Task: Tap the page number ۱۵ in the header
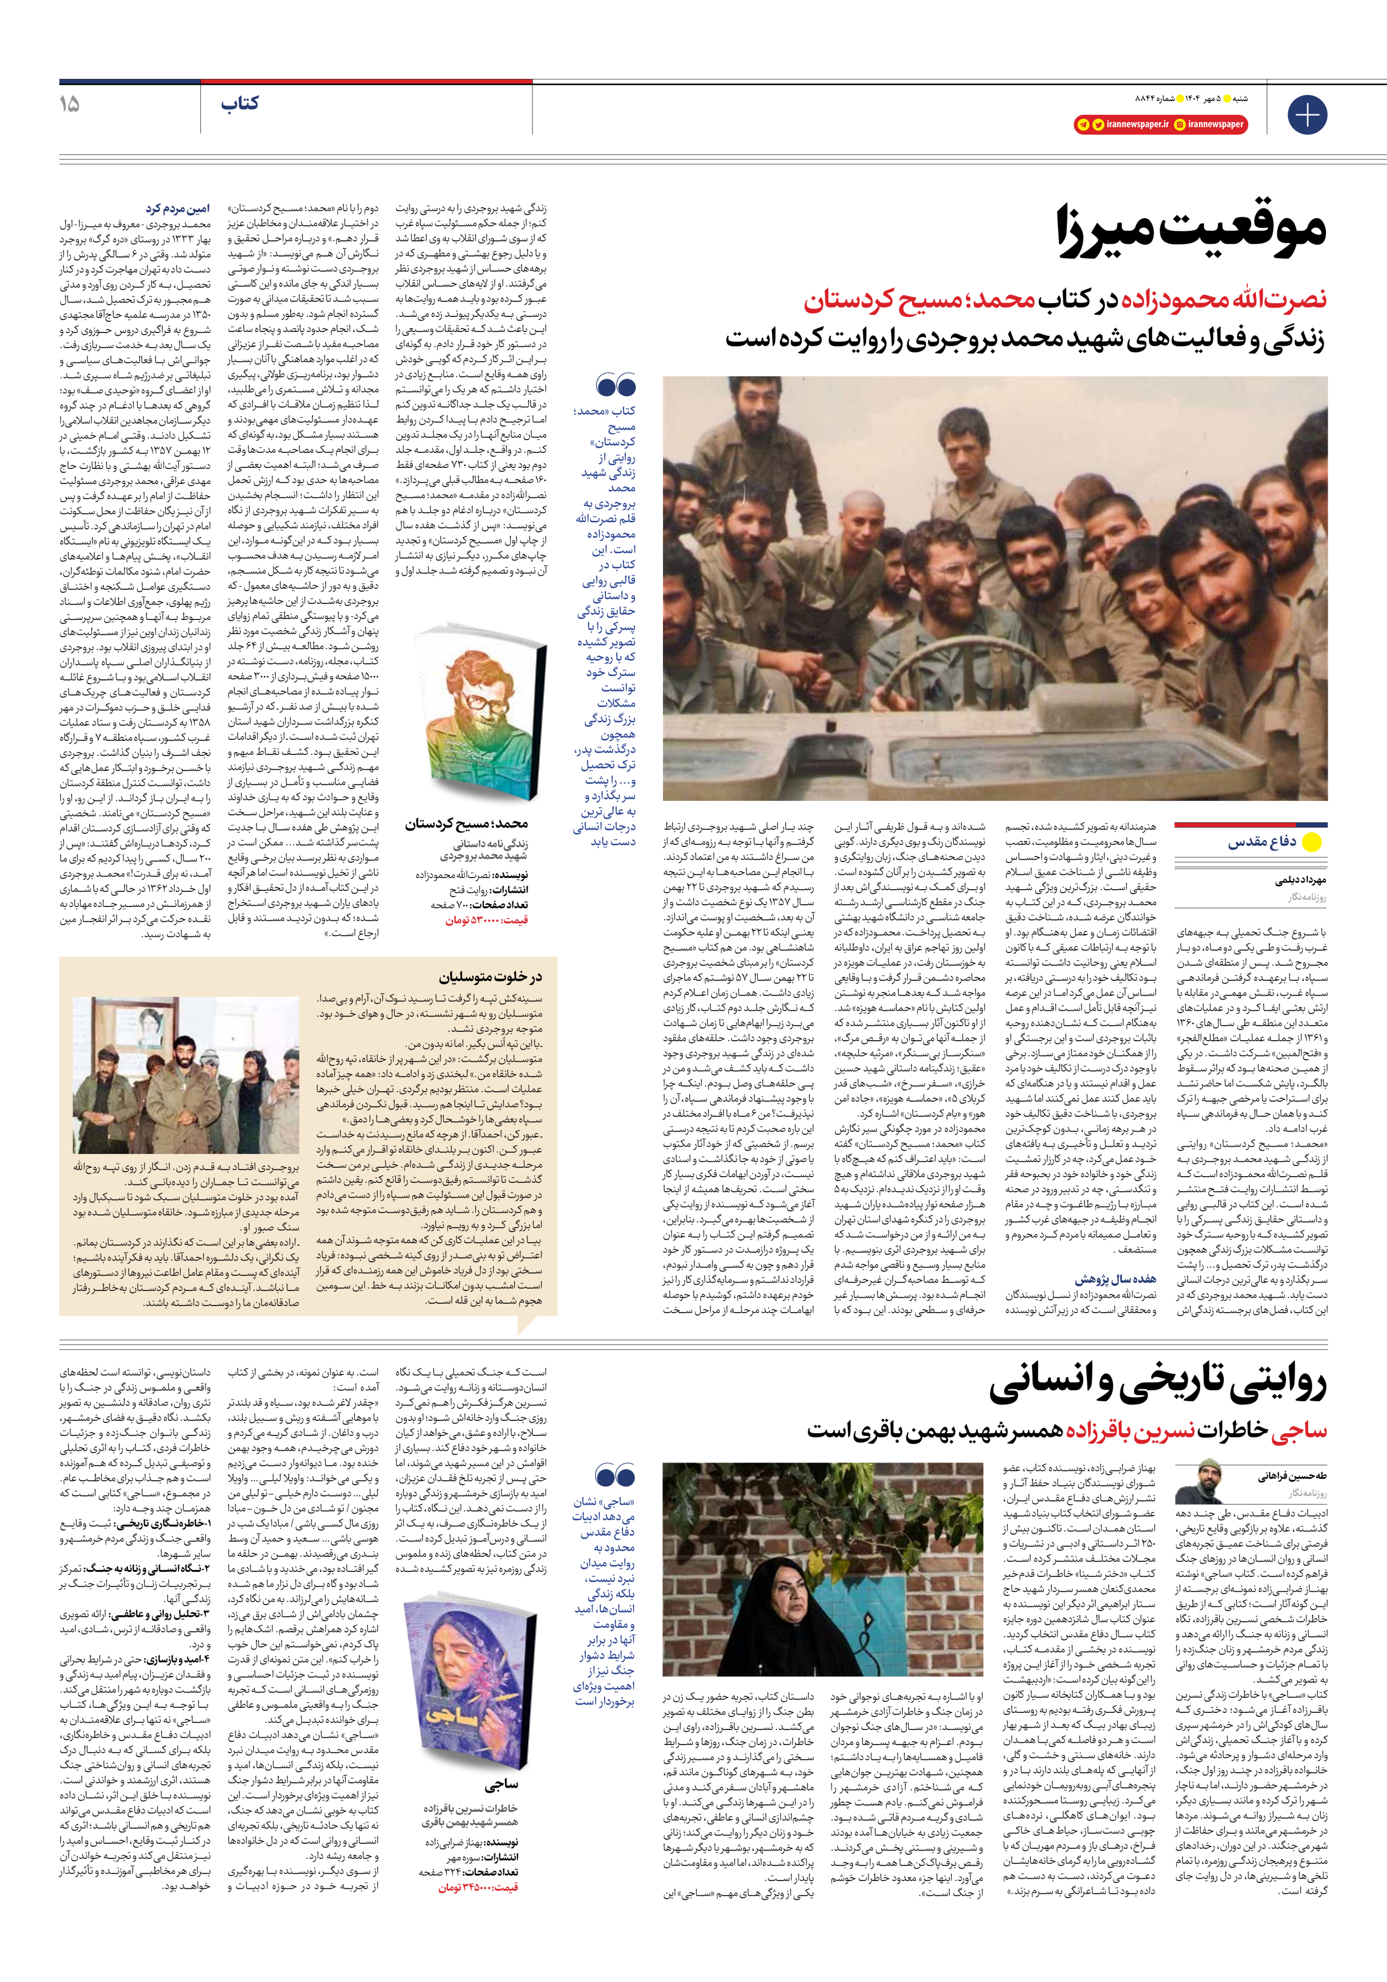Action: [x=69, y=104]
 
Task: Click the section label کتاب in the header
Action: [x=239, y=104]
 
